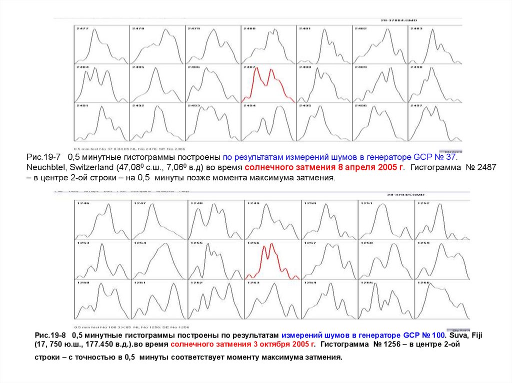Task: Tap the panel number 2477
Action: point(82,29)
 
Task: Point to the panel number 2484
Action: point(82,67)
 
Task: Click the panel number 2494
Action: point(249,106)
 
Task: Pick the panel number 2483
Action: point(416,29)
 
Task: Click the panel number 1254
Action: point(139,243)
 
